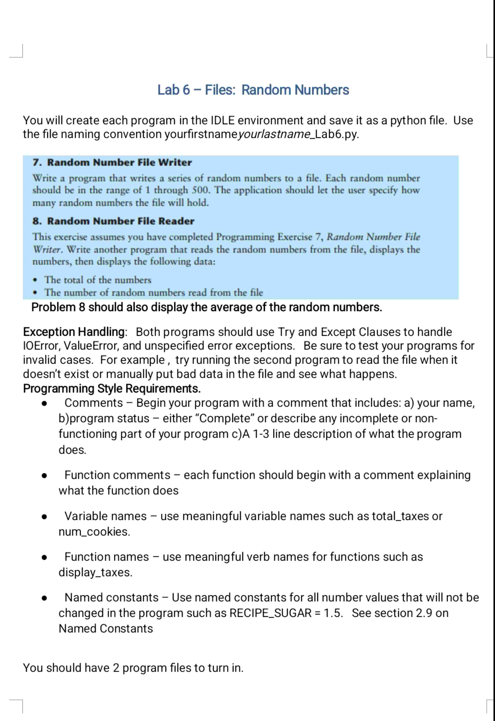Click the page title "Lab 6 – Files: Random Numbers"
[253, 90]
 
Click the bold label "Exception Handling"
[74, 332]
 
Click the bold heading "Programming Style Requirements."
[112, 388]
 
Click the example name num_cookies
[94, 532]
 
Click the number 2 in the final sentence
[116, 668]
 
